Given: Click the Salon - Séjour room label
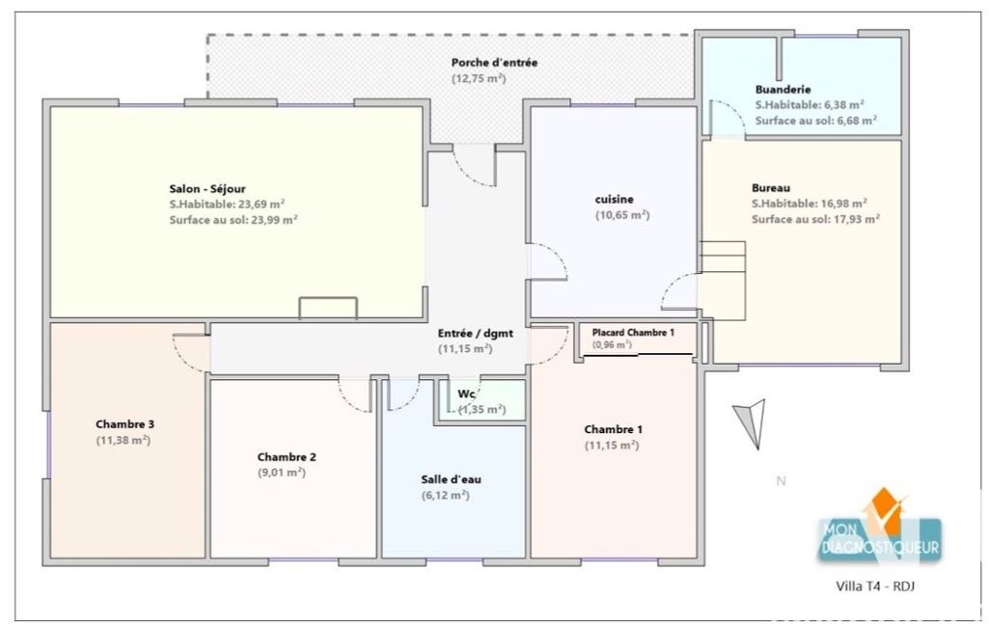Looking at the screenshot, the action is click(206, 189).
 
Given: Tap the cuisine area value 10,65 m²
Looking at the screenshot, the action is click(622, 215).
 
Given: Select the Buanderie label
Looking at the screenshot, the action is click(783, 90).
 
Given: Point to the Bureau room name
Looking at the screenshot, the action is click(771, 188).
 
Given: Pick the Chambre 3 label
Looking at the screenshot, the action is click(124, 423).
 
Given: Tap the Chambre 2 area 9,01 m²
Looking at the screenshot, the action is click(282, 473).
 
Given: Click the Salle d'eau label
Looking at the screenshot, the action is click(451, 479).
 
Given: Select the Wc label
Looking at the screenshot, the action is click(466, 395).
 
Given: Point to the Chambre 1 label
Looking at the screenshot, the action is click(613, 429).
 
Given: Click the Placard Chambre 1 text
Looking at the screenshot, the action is click(633, 333).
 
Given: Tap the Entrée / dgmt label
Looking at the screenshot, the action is click(476, 333).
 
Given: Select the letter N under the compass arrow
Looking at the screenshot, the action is click(781, 480).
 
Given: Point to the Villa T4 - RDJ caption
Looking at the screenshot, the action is click(875, 586).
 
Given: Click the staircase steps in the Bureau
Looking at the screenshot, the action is click(722, 281).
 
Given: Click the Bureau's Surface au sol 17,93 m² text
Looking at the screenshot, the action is click(815, 219).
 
